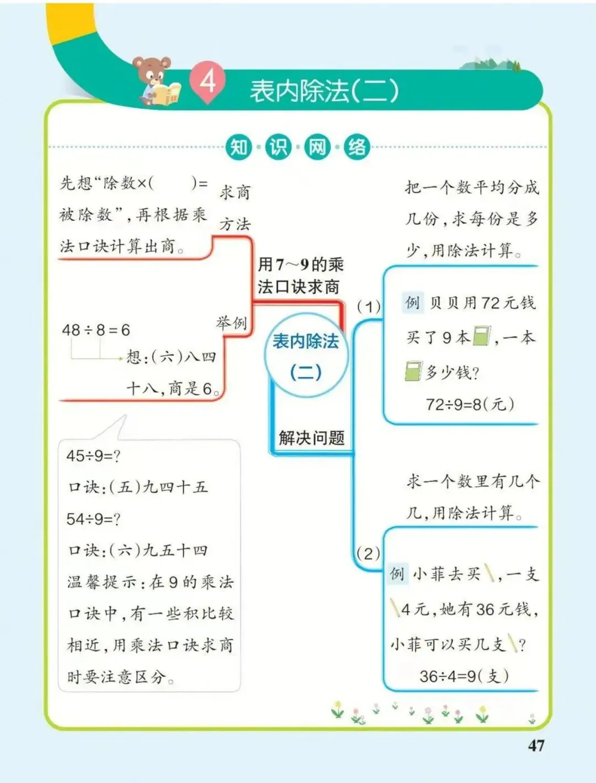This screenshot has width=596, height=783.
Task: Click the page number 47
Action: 536,745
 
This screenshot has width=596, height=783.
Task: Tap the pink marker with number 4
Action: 207,83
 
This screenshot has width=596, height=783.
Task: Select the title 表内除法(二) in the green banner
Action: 324,91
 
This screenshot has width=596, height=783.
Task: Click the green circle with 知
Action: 239,147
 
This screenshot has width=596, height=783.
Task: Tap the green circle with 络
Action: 356,147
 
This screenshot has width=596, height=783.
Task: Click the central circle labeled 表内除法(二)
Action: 306,356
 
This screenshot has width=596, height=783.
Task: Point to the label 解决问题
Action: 312,438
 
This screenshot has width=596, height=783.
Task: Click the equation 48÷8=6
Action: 96,330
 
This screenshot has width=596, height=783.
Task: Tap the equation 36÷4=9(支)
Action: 464,676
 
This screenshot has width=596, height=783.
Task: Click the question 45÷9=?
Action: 93,456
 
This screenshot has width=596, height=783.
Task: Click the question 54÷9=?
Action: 93,519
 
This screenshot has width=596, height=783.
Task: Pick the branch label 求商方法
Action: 235,208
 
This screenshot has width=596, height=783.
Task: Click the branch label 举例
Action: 231,322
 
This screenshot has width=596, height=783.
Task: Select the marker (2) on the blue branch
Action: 368,553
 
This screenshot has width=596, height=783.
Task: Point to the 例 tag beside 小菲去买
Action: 397,574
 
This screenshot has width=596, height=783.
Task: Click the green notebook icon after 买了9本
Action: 481,336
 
